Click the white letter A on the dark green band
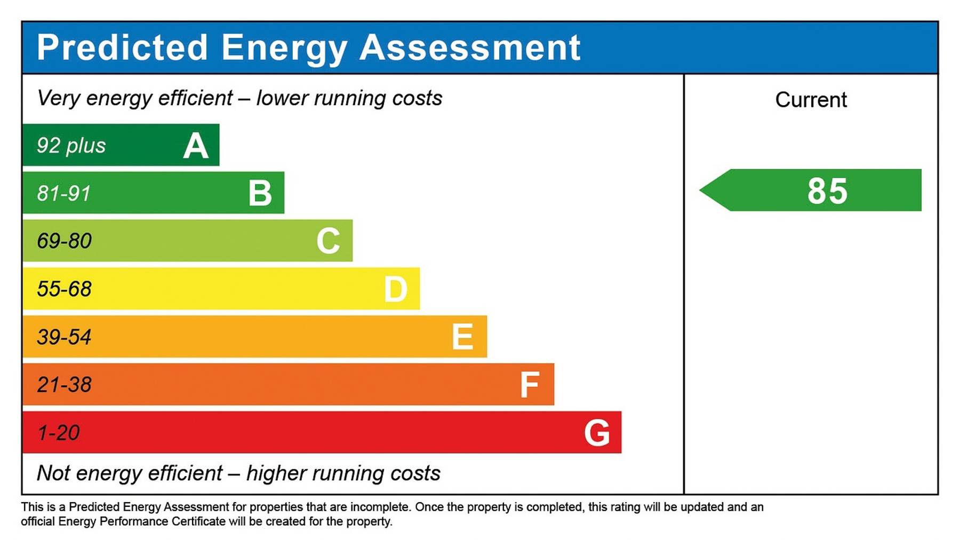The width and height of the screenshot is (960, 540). click(x=196, y=146)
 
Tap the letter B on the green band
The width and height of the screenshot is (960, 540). click(x=260, y=193)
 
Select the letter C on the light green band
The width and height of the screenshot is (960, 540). click(x=328, y=241)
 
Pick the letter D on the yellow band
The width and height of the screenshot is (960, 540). click(x=396, y=289)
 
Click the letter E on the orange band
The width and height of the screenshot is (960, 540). click(x=462, y=337)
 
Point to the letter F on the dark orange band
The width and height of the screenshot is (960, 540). click(x=530, y=385)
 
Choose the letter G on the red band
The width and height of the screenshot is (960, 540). click(x=597, y=433)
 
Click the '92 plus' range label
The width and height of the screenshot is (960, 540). click(x=71, y=146)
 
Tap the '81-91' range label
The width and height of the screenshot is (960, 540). click(x=64, y=193)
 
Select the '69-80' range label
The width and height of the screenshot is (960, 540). click(x=64, y=241)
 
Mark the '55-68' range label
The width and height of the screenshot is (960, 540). click(x=64, y=289)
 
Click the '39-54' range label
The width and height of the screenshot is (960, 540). click(x=64, y=337)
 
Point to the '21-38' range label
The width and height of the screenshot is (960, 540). click(x=64, y=385)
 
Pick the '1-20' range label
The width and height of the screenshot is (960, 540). click(x=59, y=433)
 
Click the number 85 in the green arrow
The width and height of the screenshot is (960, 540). click(x=827, y=191)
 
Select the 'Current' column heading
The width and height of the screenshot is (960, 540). click(x=811, y=100)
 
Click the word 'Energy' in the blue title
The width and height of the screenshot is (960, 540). click(x=284, y=48)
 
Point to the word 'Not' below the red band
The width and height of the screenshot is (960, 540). click(x=53, y=473)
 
